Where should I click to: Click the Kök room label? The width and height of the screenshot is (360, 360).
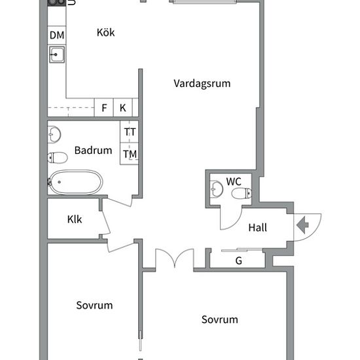(105, 32)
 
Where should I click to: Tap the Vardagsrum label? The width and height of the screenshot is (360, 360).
(202, 83)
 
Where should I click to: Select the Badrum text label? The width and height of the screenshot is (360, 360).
(93, 150)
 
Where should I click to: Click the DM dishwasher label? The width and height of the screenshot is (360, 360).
(56, 35)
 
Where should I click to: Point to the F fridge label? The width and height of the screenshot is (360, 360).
(104, 107)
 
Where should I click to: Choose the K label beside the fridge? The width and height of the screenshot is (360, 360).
(122, 107)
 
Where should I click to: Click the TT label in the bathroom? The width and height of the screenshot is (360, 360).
(130, 132)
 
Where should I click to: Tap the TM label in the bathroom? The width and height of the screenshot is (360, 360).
(130, 154)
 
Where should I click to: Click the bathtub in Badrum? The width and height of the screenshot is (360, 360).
(77, 181)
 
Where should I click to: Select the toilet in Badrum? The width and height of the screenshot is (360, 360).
(58, 157)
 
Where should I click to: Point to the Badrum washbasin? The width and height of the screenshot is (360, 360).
(54, 135)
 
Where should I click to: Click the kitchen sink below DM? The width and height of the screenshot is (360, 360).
(56, 54)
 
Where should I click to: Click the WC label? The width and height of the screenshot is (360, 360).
(234, 181)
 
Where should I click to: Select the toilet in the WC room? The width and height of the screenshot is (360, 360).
(240, 193)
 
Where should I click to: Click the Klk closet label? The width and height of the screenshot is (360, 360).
(75, 219)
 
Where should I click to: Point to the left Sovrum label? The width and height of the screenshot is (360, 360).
(94, 305)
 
